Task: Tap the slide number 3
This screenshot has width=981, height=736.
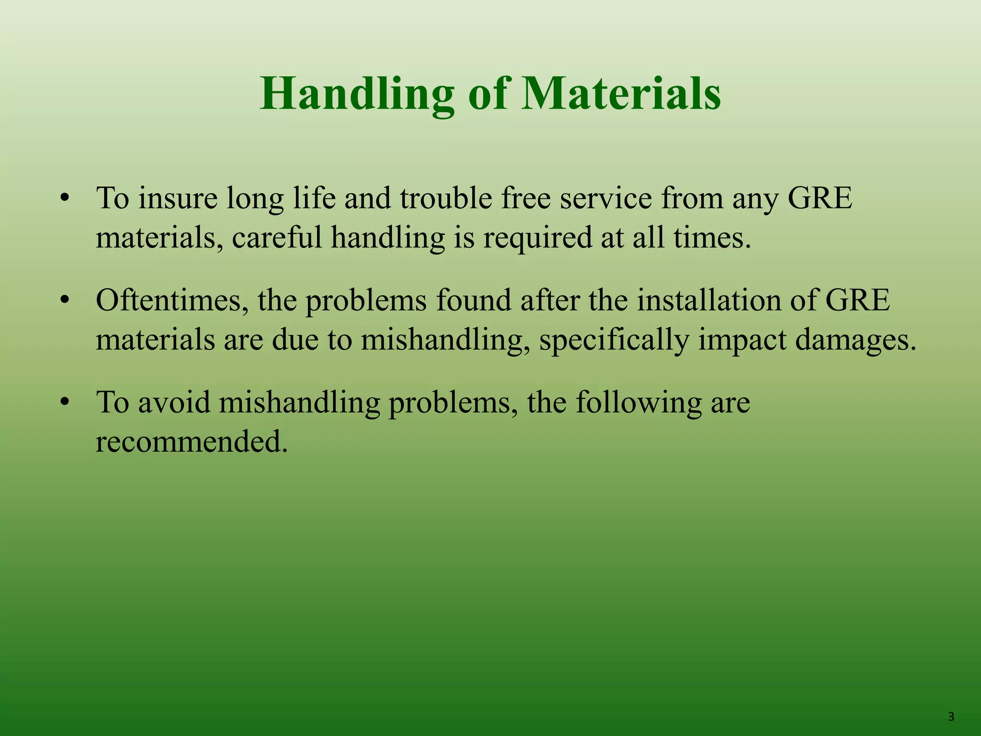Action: click(x=951, y=717)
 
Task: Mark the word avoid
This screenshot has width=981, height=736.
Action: click(x=174, y=402)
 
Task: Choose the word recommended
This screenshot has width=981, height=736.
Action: click(x=192, y=442)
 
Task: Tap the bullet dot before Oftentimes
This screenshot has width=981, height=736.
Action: click(x=65, y=301)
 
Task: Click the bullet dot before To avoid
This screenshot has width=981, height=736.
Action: click(x=65, y=403)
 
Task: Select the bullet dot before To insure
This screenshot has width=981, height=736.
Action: click(x=65, y=199)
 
